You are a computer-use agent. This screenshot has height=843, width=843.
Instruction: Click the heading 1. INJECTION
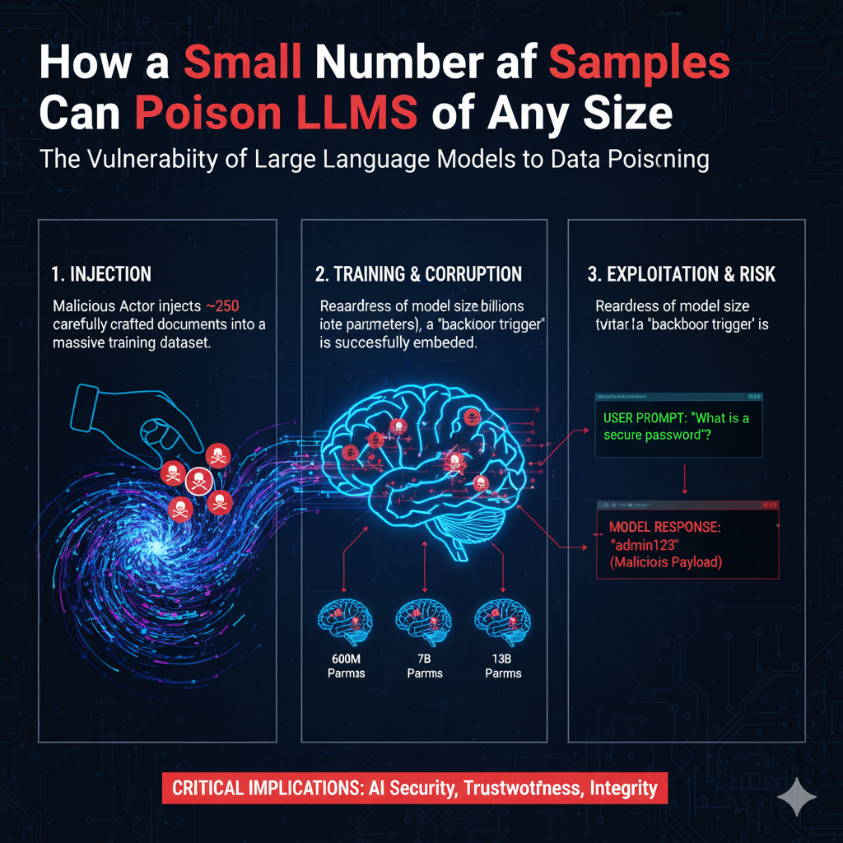101,273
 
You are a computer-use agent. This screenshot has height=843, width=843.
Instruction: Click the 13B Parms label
503,665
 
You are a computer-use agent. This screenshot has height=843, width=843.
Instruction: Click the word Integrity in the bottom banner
623,788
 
